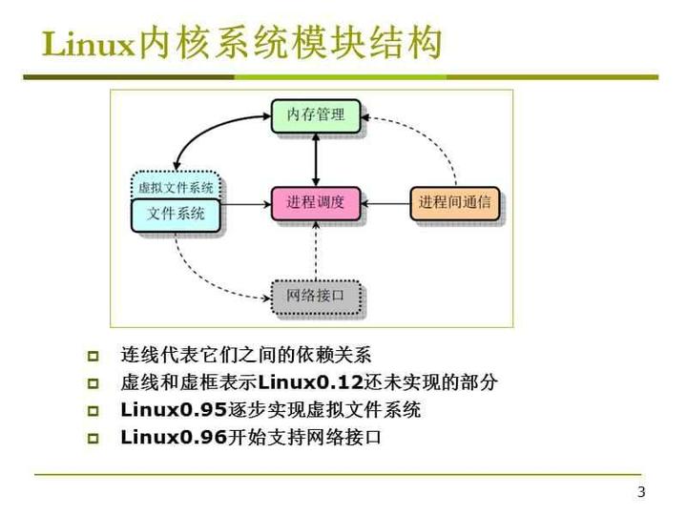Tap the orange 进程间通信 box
click(454, 202)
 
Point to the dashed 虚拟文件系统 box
click(177, 186)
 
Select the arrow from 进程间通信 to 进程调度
click(385, 202)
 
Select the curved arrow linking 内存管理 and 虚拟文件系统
click(205, 134)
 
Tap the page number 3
click(641, 492)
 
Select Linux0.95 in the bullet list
click(173, 411)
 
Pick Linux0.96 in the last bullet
click(173, 439)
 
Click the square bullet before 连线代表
click(93, 357)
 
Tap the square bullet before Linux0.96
click(93, 440)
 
